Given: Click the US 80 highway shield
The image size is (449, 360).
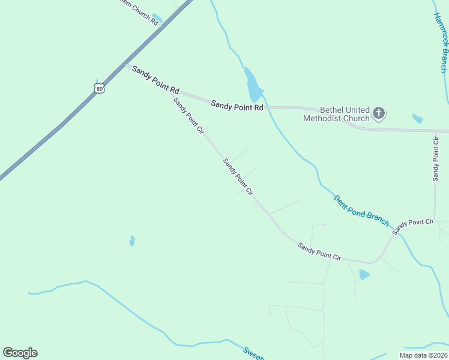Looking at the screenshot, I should pos(99,88).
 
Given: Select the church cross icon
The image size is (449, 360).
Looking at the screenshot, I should pos(379,112).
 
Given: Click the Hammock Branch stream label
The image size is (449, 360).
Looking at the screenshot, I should pos(441,43).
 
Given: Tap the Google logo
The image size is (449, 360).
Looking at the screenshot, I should pos(20,353).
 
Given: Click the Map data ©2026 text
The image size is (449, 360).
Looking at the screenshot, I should pos(423,355).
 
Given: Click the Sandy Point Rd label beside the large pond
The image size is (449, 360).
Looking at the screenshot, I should pos(237,106).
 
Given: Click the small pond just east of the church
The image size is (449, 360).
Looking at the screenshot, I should pos(417,118).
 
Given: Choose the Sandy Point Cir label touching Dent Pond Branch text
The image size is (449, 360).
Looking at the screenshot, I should pos(412,226).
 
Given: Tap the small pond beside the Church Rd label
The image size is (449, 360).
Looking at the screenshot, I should pos(157,18).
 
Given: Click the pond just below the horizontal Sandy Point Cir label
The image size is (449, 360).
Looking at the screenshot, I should pos(364,275).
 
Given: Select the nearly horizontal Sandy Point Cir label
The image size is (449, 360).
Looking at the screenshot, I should pos(320,251).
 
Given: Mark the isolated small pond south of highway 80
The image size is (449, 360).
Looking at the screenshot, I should pos(131,241).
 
